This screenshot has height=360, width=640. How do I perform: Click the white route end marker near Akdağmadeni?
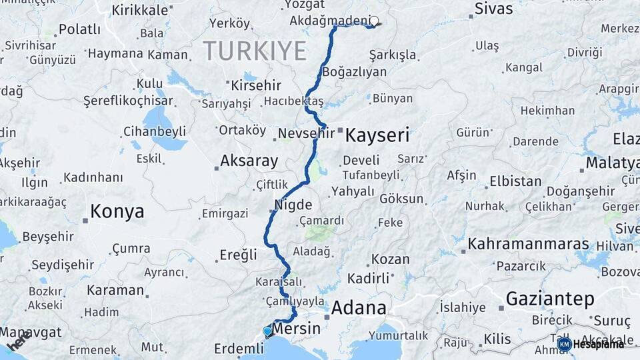point(374,21)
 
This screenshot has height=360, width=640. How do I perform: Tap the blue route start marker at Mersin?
point(267,331)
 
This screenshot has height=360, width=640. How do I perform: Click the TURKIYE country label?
point(255,51)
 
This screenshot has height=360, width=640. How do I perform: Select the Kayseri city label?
point(377,135)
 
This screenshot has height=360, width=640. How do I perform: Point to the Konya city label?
point(117,212)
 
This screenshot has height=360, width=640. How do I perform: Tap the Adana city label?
point(359,308)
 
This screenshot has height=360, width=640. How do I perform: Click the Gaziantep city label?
point(549,299)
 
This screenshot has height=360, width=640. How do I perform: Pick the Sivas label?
point(494,9)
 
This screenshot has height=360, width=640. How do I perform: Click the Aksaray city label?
point(249,161)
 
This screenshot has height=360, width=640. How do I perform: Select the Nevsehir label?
point(306,133)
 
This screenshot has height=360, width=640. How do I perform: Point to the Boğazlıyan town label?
point(354,71)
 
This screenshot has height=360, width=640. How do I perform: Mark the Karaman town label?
point(115,290)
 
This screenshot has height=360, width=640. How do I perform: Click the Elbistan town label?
point(515,181)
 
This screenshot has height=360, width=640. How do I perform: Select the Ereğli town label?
point(238,254)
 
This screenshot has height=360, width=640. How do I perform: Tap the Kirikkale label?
point(139,10)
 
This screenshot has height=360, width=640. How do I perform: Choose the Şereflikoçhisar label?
point(128,101)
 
